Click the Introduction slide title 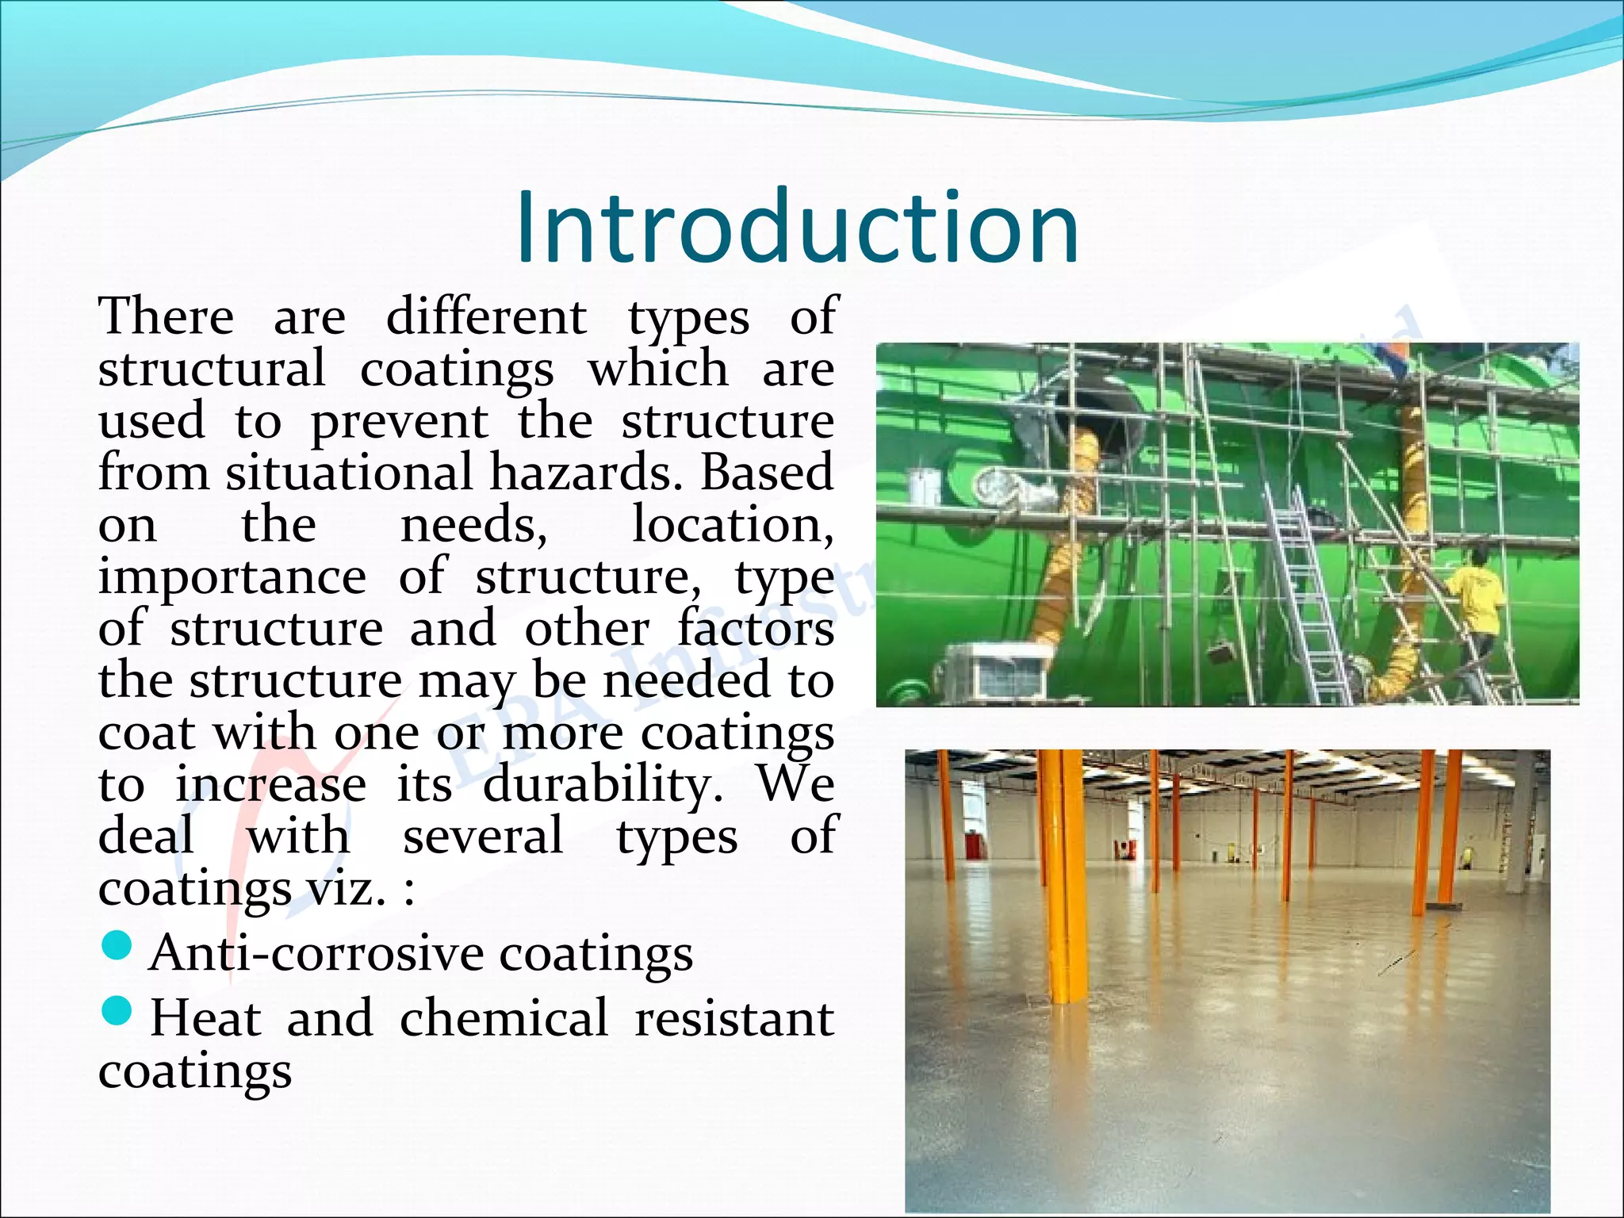coord(797,228)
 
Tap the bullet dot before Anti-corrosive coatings coord(117,945)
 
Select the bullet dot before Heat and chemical coord(117,1011)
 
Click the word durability coord(603,785)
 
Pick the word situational coord(349,473)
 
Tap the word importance coord(232,577)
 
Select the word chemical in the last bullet coord(504,1018)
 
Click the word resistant coord(734,1018)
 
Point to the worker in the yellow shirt coord(1477,595)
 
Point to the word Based coord(766,473)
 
